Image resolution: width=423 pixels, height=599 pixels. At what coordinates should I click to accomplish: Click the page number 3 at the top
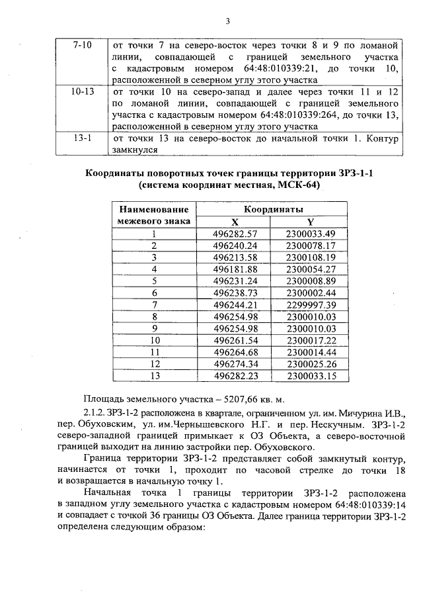pyautogui.click(x=227, y=21)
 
